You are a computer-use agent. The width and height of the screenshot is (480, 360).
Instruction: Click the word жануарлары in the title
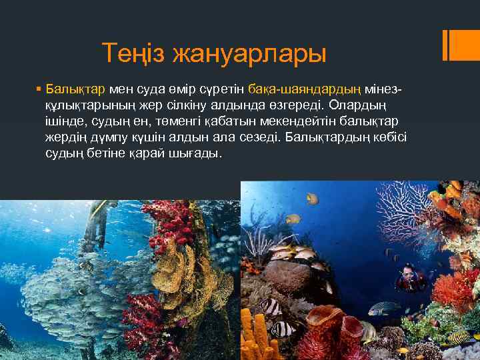coord(250,53)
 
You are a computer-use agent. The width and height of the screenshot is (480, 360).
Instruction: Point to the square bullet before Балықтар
coord(39,89)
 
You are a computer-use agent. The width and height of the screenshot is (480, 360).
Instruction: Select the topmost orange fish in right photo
coord(312,198)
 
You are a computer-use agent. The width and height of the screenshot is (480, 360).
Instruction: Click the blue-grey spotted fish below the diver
coord(384,308)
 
